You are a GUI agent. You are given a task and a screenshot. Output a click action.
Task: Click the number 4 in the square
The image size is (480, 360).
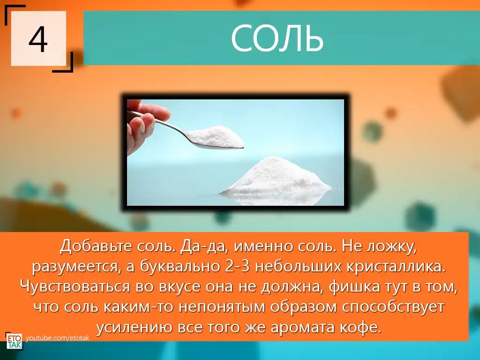pos(38,39)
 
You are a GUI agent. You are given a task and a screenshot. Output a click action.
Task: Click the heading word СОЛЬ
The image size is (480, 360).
pos(277,38)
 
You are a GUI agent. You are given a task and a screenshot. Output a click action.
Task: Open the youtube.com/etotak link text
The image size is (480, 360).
pos(58,338)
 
